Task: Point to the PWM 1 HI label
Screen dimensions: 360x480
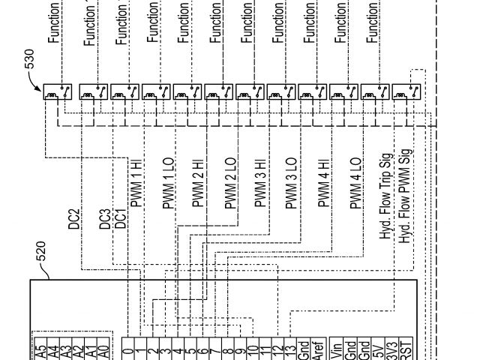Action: [136, 184]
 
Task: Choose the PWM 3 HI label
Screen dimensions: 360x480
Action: [262, 184]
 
